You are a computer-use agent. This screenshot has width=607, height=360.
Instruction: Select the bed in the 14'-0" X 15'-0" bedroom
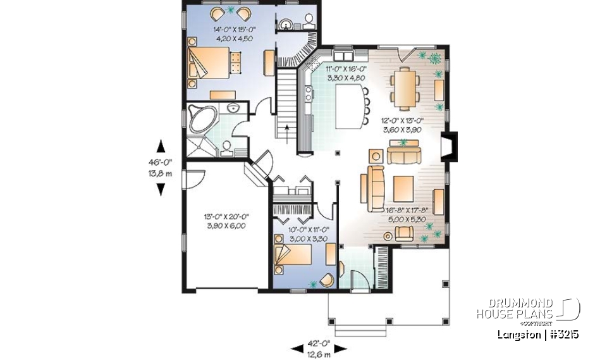(x=209, y=64)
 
